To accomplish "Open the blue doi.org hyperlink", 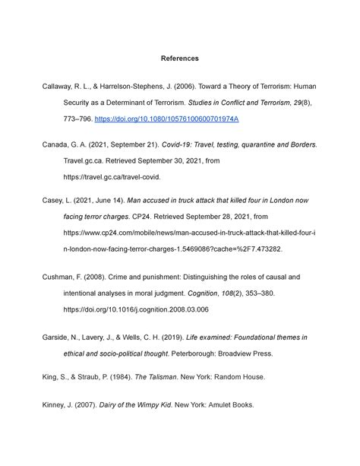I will [x=172, y=119].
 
